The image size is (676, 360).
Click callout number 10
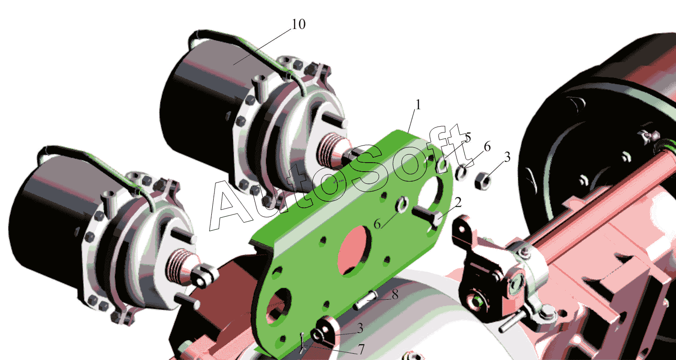pyautogui.click(x=298, y=24)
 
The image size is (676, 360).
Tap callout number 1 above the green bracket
pyautogui.click(x=418, y=105)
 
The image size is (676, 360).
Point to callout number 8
pyautogui.click(x=395, y=294)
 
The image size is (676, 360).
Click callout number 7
pyautogui.click(x=361, y=349)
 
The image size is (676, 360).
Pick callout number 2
pyautogui.click(x=458, y=202)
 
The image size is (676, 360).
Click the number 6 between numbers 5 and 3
pyautogui.click(x=487, y=147)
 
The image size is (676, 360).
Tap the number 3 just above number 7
pyautogui.click(x=360, y=328)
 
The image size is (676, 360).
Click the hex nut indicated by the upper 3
pyautogui.click(x=482, y=181)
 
